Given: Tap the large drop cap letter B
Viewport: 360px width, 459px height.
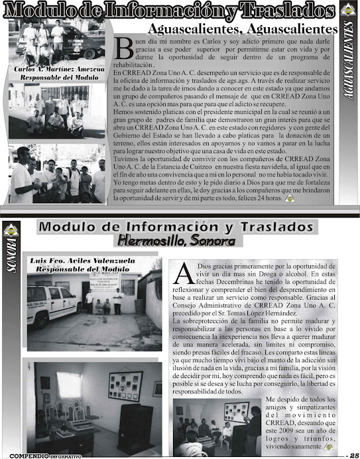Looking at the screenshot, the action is [x=125, y=47].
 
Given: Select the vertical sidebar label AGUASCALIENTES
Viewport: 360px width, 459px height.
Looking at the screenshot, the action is [x=349, y=70].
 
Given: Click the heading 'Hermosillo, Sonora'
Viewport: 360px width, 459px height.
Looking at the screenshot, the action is [x=176, y=239].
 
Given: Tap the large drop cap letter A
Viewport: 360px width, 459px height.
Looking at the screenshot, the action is [x=187, y=272].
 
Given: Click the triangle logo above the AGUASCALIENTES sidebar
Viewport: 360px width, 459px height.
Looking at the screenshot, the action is [x=349, y=11].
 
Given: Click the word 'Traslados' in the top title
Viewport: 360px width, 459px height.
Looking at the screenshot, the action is [x=280, y=11].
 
